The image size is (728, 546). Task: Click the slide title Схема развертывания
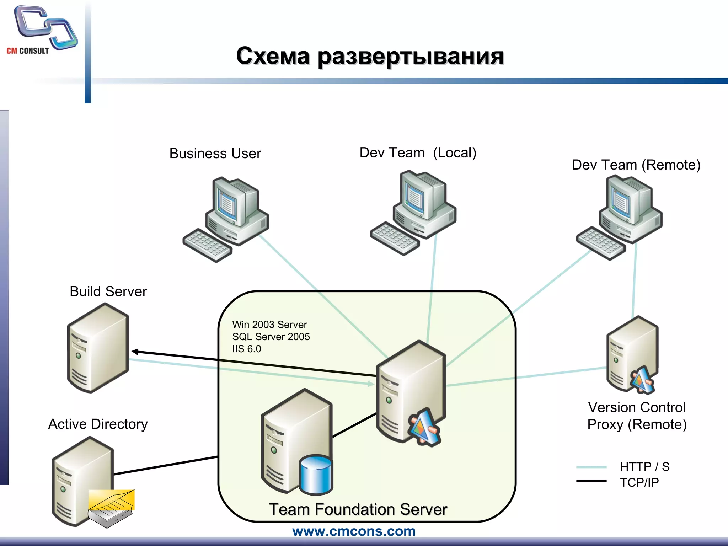370,56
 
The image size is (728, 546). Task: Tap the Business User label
215,154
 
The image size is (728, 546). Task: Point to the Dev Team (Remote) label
636,165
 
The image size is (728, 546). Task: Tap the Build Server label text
108,291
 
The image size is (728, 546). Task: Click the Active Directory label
98,424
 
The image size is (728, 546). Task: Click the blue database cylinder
316,475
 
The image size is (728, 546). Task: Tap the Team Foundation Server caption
358,509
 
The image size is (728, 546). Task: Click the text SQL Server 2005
271,337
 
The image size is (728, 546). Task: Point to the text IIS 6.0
246,349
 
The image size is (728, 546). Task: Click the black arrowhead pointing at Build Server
135,352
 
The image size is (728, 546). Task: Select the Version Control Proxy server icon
632,355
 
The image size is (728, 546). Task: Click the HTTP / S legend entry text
644,467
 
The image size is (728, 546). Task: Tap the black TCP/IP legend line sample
591,481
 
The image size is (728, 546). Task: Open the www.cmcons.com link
354,531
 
